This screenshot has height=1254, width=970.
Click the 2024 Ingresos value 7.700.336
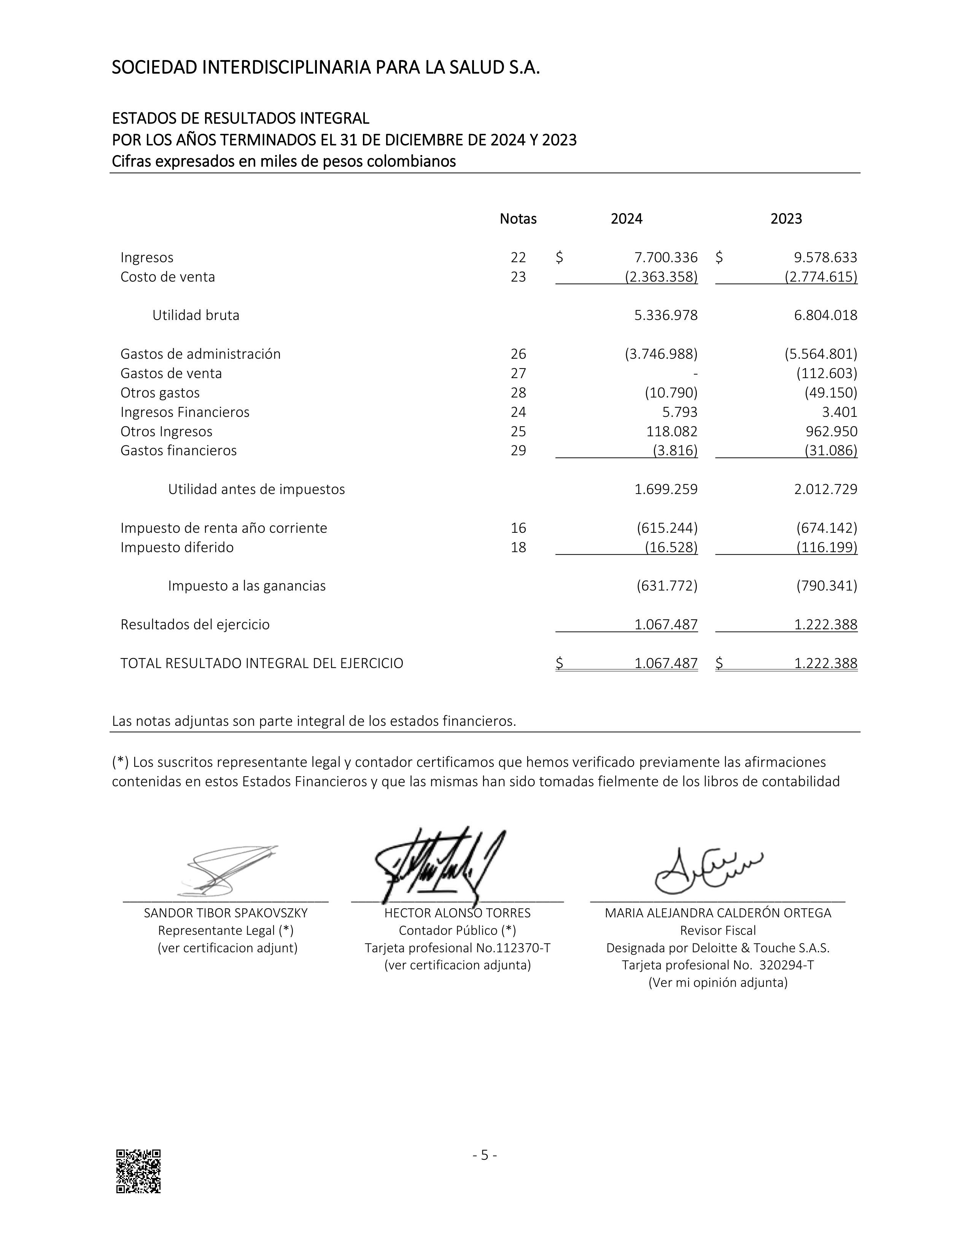coord(665,257)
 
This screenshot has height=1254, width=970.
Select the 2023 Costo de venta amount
coord(821,277)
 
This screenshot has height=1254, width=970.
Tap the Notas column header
coord(518,219)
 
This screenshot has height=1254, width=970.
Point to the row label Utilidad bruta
coord(196,315)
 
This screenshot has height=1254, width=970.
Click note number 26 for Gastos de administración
coord(518,354)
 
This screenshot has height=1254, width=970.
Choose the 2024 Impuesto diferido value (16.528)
coord(671,547)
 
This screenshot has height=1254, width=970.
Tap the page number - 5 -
coord(484,1155)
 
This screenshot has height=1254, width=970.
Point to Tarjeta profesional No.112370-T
coord(457,948)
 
